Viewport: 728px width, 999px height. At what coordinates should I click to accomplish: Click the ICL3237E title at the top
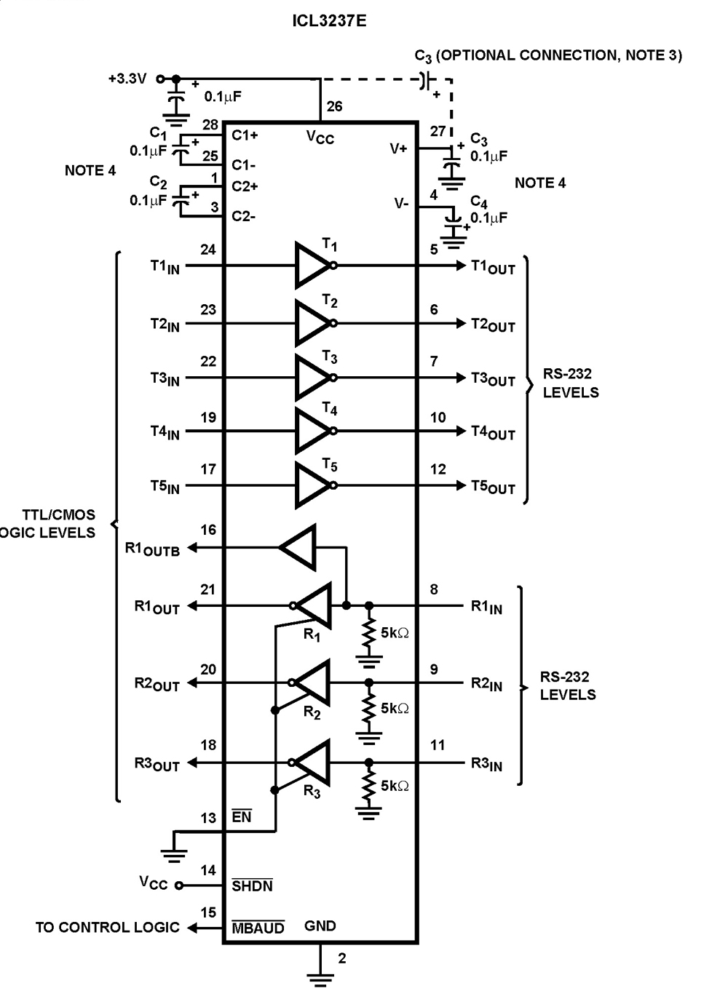tap(329, 20)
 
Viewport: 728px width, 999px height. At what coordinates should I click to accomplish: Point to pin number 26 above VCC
tap(334, 106)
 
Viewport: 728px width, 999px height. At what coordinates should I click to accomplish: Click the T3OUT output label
tap(493, 379)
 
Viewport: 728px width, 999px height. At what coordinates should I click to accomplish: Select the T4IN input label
tap(165, 432)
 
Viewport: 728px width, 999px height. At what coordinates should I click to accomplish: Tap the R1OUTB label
tap(152, 549)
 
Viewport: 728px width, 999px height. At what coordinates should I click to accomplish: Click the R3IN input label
tap(486, 764)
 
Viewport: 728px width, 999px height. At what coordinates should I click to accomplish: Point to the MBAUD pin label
tap(258, 928)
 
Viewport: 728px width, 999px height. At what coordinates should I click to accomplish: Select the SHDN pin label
tap(252, 885)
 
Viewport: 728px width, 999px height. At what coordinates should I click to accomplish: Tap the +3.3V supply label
tap(127, 79)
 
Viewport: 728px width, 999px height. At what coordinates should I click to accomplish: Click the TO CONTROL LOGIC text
tap(107, 928)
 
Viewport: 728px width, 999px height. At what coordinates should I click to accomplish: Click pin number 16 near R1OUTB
tap(208, 530)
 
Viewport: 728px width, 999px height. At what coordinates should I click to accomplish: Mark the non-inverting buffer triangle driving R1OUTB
tap(299, 547)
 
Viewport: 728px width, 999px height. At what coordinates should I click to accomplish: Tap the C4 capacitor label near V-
tap(478, 202)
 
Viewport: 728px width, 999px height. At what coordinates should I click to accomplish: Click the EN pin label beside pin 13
tap(241, 817)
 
